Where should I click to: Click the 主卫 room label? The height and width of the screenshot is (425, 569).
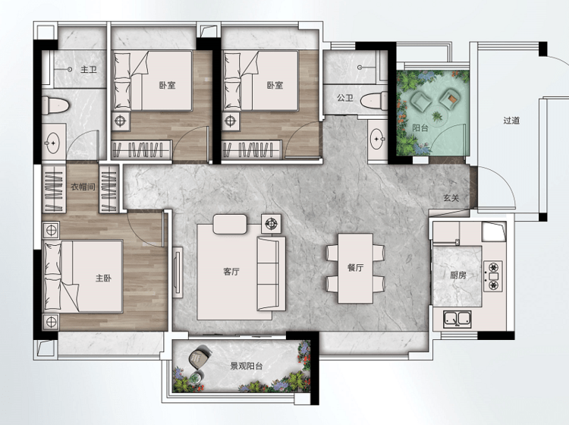tap(89, 69)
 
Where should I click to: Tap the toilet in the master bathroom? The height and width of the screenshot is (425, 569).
tap(55, 105)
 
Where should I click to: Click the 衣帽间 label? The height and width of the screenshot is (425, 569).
tap(83, 187)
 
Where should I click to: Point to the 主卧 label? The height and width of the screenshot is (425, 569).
tap(103, 279)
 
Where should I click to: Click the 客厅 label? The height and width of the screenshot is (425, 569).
tap(231, 272)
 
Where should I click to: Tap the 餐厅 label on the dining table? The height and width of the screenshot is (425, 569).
tap(355, 268)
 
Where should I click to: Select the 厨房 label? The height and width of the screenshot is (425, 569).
tap(458, 275)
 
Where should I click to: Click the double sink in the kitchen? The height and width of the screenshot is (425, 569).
tap(457, 319)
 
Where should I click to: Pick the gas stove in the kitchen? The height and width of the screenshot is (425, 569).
tap(493, 276)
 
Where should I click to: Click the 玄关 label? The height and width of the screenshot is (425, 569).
tap(451, 198)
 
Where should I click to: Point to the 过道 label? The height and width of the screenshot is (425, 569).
tap(511, 120)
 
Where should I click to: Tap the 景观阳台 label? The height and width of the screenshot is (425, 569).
tap(247, 367)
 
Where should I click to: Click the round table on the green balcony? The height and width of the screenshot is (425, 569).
tap(436, 117)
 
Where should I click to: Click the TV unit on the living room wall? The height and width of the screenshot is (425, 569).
tap(178, 272)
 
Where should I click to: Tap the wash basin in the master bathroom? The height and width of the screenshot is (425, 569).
tap(53, 142)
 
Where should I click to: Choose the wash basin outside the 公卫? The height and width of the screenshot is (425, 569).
tap(378, 139)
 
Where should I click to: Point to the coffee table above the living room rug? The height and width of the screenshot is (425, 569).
tap(230, 225)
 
